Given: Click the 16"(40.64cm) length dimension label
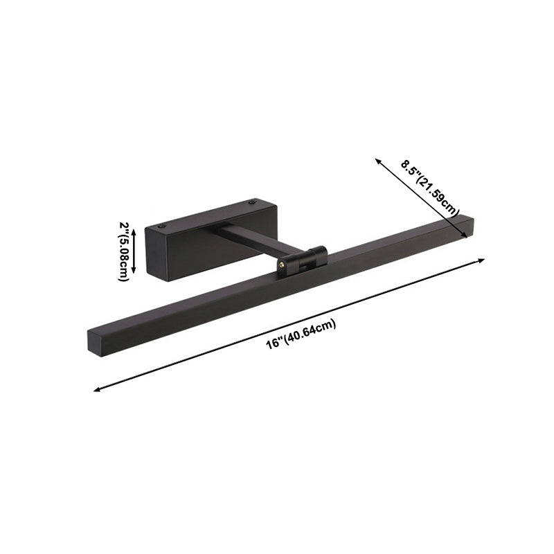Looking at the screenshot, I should click(301, 335).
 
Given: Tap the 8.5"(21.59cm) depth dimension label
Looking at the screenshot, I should click(431, 188).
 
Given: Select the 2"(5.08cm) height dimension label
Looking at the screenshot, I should click(123, 251).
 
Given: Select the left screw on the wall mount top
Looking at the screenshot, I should click(162, 225).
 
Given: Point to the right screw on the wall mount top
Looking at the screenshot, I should click(252, 203).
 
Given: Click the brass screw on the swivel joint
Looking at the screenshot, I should click(282, 264).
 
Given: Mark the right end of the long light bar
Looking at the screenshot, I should click(468, 224).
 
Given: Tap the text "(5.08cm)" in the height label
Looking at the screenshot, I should click(123, 258).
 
